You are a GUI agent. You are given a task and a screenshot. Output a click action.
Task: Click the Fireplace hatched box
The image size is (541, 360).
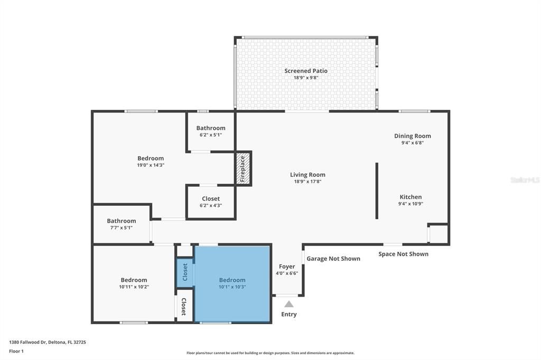point(243,169)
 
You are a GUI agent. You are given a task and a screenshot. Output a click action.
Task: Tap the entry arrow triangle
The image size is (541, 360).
point(288,304)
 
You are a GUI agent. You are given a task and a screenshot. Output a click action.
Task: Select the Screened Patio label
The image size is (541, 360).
point(306,71)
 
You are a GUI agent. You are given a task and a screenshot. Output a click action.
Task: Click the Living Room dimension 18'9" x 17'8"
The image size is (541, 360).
point(307,182)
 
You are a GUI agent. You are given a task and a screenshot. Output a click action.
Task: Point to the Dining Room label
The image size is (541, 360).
point(412,136)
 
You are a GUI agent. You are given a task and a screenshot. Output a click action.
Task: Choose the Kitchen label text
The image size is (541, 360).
point(411,197)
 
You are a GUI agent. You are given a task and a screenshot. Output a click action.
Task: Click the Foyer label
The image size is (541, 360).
point(287,267)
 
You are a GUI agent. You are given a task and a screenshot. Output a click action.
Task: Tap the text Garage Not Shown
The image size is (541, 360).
point(333,259)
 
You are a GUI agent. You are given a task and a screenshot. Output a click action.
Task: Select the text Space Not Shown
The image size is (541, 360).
point(403,254)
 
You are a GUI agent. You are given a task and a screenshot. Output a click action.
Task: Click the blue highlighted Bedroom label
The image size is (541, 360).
point(232,280)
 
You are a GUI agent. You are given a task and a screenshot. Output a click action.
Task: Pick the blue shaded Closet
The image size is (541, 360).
point(185,272)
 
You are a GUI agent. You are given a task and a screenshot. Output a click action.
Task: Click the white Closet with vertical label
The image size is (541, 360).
point(183,306)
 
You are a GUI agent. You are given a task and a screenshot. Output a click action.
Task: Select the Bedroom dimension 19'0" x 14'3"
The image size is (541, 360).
point(151,165)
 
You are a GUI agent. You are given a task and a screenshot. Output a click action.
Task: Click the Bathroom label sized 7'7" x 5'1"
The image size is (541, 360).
point(121,221)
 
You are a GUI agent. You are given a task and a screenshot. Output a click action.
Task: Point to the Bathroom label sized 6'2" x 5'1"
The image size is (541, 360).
point(211,128)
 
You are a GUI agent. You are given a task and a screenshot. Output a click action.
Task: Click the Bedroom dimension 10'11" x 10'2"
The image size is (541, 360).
point(134,287)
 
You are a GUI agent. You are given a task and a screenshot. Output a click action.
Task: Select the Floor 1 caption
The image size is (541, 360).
point(16,351)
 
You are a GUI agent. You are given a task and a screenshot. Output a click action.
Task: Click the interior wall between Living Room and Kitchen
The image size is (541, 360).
point(377,191)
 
